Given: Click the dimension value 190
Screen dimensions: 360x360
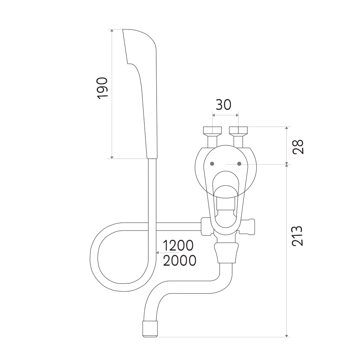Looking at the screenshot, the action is click(x=102, y=89).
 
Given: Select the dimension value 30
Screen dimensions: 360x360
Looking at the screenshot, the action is click(x=224, y=105).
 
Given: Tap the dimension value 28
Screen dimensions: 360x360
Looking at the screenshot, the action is click(x=298, y=147).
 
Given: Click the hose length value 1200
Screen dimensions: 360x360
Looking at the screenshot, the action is click(x=178, y=246).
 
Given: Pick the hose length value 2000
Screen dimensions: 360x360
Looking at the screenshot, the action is click(x=180, y=261).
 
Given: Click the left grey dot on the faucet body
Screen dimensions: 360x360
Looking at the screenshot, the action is click(x=212, y=164).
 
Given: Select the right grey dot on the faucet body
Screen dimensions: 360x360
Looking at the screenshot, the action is click(x=239, y=164).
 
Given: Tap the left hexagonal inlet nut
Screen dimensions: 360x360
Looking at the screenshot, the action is click(x=212, y=131).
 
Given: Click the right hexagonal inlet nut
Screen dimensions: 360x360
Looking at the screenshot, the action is click(x=239, y=131).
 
